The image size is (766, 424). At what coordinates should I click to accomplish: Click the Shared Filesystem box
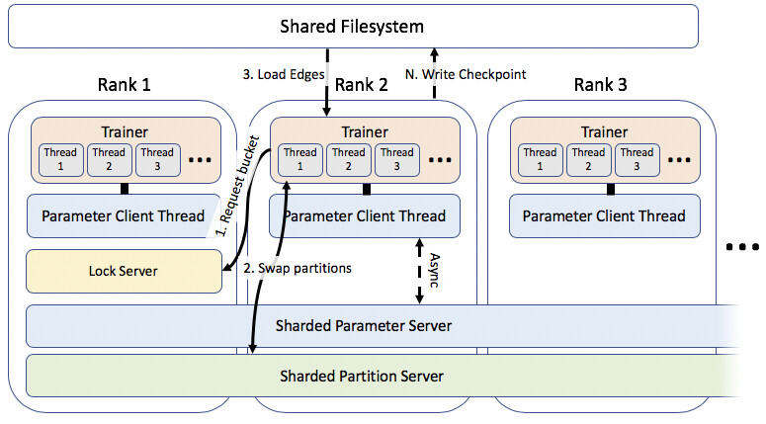[x=353, y=27]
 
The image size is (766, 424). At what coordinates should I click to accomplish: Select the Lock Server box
[x=124, y=271]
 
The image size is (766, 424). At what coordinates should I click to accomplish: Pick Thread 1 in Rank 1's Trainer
[x=60, y=159]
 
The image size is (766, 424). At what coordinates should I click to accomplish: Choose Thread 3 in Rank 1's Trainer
[x=157, y=159]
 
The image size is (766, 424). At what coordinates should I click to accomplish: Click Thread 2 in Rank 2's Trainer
[x=348, y=159]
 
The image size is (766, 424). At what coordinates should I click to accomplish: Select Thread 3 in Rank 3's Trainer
[x=638, y=159]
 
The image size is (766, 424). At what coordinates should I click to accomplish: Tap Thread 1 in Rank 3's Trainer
[x=540, y=159]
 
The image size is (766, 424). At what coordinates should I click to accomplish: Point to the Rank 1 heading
[x=125, y=85]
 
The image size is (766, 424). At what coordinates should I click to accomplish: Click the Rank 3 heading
[x=600, y=85]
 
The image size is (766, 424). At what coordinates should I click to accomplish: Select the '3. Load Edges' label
[x=284, y=74]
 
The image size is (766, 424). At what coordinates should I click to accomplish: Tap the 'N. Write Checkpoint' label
[x=466, y=74]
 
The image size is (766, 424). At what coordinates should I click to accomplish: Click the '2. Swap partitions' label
[x=298, y=268]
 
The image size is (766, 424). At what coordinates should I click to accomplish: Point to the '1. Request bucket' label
[x=238, y=186]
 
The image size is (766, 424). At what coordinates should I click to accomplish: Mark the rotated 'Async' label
[x=434, y=270]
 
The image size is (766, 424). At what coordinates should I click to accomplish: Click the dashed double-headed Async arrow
[x=419, y=271]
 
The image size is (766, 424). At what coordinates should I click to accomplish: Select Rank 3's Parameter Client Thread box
[x=605, y=215]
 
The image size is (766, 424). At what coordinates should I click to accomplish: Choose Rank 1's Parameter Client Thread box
[x=124, y=215]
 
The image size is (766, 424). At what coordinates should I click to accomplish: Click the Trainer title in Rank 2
[x=365, y=131]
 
